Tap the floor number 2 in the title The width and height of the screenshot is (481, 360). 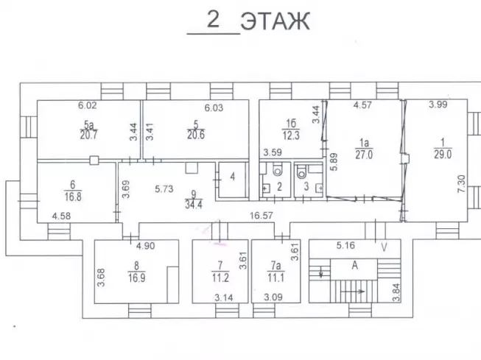214,20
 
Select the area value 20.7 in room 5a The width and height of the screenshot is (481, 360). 90,135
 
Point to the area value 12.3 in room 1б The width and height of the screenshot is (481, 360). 291,134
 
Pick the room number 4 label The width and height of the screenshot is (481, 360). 232,177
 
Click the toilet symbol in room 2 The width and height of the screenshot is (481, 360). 277,172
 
